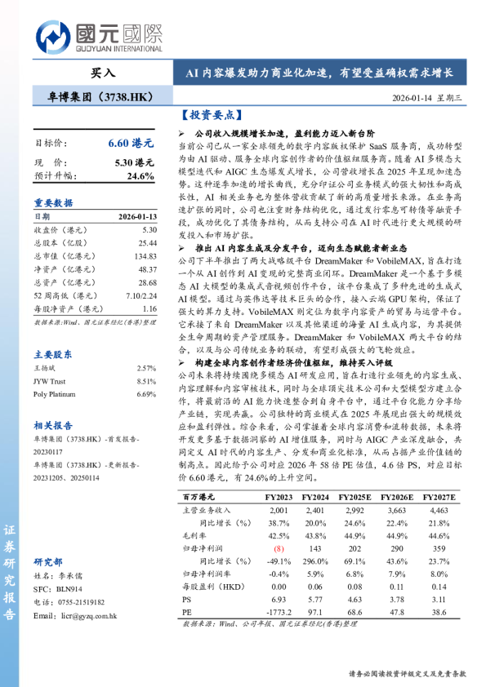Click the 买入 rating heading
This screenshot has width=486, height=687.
click(103, 73)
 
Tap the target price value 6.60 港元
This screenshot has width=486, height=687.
click(131, 142)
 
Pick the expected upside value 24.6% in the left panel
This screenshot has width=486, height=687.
click(140, 175)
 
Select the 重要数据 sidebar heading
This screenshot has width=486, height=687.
click(53, 202)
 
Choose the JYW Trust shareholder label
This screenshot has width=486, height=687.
click(50, 381)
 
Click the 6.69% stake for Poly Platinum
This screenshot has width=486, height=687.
click(145, 394)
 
